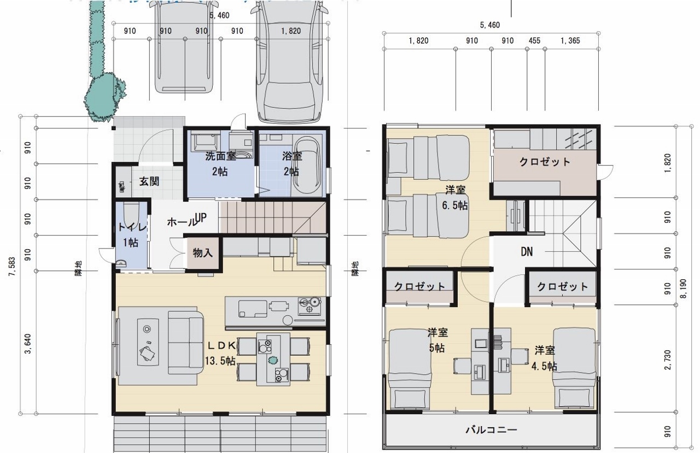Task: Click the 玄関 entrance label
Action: click(148, 181)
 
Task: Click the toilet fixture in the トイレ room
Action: click(130, 213)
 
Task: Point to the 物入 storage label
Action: click(203, 253)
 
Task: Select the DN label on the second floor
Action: click(526, 252)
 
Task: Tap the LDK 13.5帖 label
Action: click(220, 353)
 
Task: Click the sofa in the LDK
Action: click(185, 339)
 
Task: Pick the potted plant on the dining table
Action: click(273, 360)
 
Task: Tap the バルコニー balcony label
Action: click(491, 430)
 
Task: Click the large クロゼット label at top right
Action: click(544, 162)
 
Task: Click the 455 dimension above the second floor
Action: click(534, 40)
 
